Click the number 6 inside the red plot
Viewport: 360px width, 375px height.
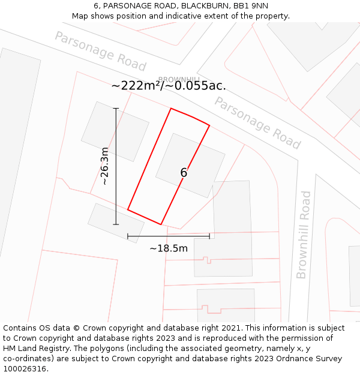184,173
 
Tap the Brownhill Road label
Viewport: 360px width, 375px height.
304,235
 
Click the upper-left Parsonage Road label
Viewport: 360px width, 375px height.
100,52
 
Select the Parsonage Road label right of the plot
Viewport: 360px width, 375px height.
257,123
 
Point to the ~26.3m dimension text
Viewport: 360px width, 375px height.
104,166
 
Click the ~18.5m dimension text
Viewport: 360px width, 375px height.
169,248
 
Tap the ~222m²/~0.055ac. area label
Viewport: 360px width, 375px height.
169,86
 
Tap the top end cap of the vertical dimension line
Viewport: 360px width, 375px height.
116,109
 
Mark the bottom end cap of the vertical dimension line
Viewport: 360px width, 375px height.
116,224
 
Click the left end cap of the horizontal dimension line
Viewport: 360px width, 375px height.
128,236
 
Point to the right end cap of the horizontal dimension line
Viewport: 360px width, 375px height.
209,236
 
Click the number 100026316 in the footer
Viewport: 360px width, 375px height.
25,368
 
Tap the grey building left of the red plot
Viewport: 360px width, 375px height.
115,131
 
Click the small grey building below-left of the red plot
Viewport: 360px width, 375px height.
116,223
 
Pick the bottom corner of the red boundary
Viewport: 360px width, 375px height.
161,224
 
